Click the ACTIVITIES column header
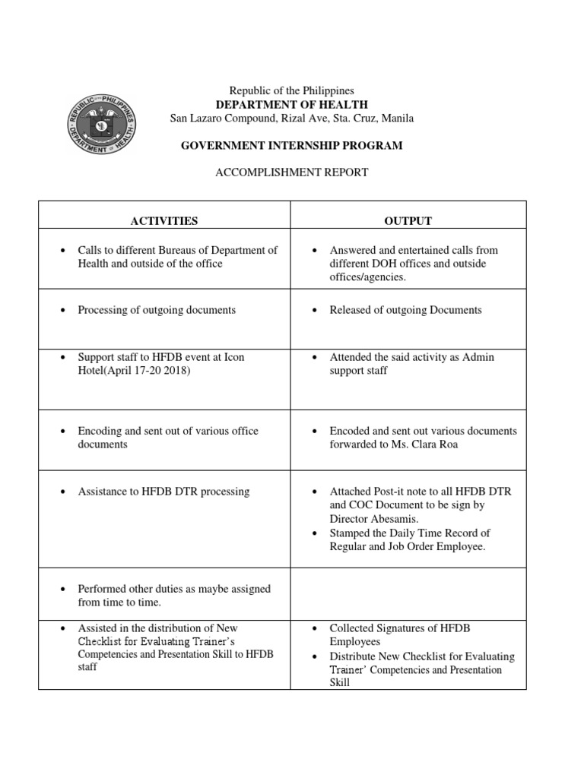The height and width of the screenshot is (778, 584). [163, 221]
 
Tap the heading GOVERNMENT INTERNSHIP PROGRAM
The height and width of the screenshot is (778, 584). [292, 145]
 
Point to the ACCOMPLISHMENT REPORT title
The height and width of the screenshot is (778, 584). [292, 172]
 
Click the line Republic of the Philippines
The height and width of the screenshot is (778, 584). [292, 90]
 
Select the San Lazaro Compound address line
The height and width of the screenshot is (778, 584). [292, 118]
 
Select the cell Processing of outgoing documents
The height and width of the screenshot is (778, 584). [157, 310]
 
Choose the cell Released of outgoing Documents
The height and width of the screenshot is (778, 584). [405, 310]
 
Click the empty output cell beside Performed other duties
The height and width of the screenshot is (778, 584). [408, 592]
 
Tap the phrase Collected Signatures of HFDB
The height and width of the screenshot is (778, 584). [395, 629]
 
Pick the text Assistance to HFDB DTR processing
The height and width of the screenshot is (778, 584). [163, 492]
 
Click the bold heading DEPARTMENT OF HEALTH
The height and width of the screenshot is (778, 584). [292, 104]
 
